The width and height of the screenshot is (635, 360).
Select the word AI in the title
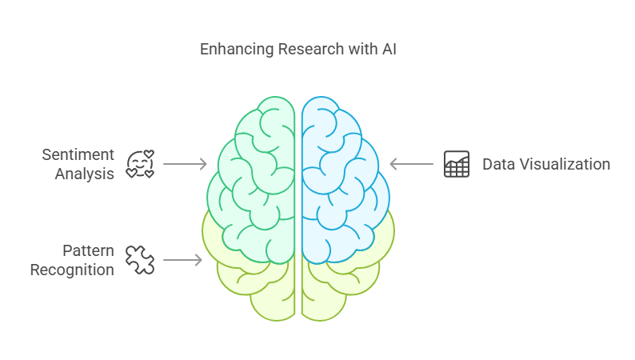(388, 50)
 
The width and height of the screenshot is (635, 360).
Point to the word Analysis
(85, 174)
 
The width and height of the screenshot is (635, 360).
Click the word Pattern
(88, 250)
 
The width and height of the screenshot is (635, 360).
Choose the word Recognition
(72, 270)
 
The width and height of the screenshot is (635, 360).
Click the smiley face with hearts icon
(140, 164)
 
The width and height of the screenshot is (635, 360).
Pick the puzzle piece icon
(140, 260)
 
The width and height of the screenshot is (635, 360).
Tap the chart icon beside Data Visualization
(457, 164)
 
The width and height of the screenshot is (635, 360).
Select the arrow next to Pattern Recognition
(182, 260)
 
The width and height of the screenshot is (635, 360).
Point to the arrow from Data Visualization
(411, 164)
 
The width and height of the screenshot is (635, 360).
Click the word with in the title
(353, 50)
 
